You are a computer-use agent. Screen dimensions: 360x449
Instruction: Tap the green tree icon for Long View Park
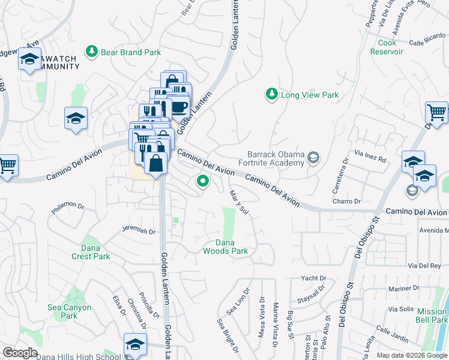click(x=272, y=94)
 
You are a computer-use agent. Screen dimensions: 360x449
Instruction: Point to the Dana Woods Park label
click(x=224, y=247)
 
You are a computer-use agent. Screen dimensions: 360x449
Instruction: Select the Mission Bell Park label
click(x=432, y=316)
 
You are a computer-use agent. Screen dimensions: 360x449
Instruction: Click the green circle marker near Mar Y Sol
click(x=203, y=180)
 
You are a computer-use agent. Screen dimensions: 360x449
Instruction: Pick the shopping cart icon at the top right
click(x=436, y=112)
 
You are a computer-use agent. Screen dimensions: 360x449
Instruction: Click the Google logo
click(x=20, y=353)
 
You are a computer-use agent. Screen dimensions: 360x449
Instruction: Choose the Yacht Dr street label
click(x=314, y=278)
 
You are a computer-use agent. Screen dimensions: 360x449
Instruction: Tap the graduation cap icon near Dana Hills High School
click(x=135, y=344)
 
